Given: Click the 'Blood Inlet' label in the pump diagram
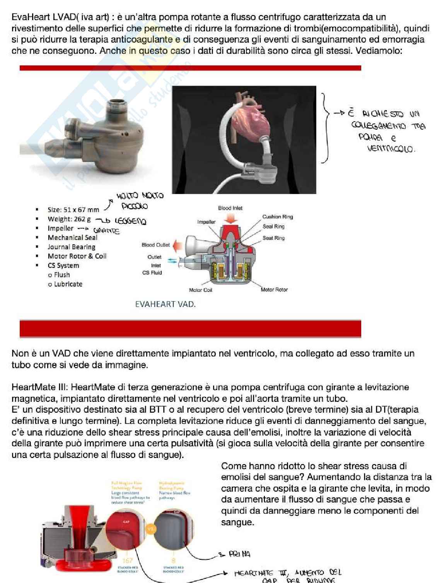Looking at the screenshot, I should pyautogui.click(x=230, y=208).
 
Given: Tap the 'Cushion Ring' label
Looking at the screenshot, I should pyautogui.click(x=277, y=217).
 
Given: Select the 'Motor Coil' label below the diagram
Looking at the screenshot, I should pyautogui.click(x=200, y=290).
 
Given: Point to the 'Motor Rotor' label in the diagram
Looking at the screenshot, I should pyautogui.click(x=274, y=290).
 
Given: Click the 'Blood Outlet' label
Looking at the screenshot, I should pyautogui.click(x=155, y=245).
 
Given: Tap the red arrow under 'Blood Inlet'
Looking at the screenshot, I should pyautogui.click(x=231, y=218).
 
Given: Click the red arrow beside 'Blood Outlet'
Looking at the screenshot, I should pyautogui.click(x=178, y=245).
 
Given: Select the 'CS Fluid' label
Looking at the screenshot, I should pyautogui.click(x=152, y=273).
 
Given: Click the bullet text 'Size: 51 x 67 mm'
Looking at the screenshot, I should pyautogui.click(x=73, y=210).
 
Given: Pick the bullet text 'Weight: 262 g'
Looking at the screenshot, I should pyautogui.click(x=69, y=219).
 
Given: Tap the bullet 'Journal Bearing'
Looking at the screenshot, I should pyautogui.click(x=71, y=247).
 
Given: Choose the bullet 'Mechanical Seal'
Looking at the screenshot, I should pyautogui.click(x=72, y=238).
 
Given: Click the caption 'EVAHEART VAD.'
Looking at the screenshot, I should pyautogui.click(x=165, y=304).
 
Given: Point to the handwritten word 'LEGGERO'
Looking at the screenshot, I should pyautogui.click(x=130, y=221).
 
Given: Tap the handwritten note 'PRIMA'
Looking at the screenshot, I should pyautogui.click(x=239, y=554).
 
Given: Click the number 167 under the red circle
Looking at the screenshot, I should pyautogui.click(x=127, y=560).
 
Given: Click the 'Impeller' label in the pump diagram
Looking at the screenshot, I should pyautogui.click(x=206, y=222).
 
